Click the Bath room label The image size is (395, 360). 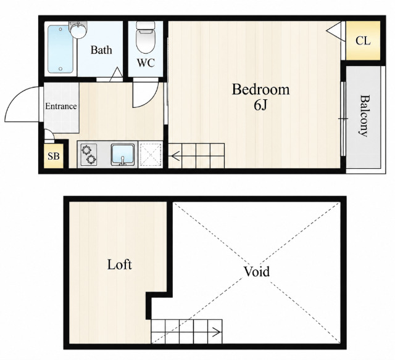pyautogui.click(x=101, y=50)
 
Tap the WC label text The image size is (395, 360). pyautogui.click(x=146, y=63)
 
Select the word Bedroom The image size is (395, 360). pyautogui.click(x=260, y=89)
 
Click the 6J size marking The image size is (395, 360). pyautogui.click(x=260, y=105)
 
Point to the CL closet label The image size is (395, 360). pyautogui.click(x=363, y=41)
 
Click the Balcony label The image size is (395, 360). pyautogui.click(x=364, y=116)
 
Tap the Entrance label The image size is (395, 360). pyautogui.click(x=61, y=106)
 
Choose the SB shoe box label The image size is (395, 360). pyautogui.click(x=54, y=156)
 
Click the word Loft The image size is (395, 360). pyautogui.click(x=119, y=264)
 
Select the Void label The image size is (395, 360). pyautogui.click(x=257, y=271)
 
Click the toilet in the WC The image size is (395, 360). pyautogui.click(x=146, y=37)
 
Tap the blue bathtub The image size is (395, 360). pyautogui.click(x=60, y=49)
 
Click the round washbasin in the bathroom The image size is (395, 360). pyautogui.click(x=78, y=30)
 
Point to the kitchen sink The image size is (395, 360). pyautogui.click(x=123, y=155)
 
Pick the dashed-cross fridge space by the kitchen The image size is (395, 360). pyautogui.click(x=151, y=155)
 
